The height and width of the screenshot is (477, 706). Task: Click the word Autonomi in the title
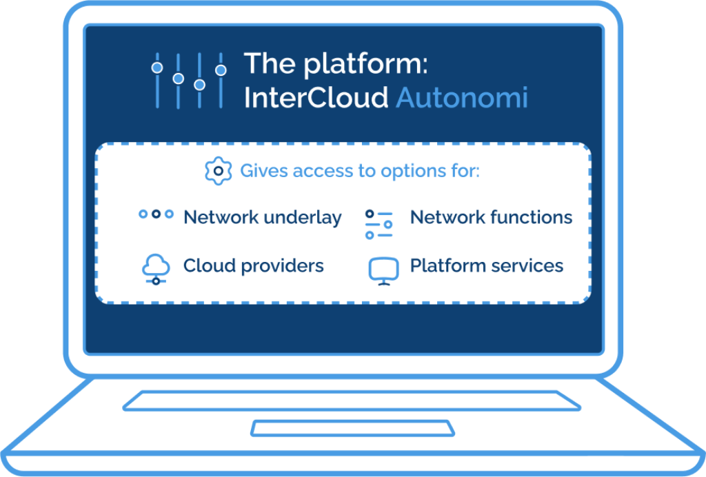click(x=461, y=98)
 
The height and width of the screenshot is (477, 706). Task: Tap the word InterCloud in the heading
click(x=316, y=98)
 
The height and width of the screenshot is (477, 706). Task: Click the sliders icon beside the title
click(x=188, y=80)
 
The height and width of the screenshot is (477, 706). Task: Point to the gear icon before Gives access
click(x=218, y=170)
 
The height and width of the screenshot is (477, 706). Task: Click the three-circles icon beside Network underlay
click(x=156, y=214)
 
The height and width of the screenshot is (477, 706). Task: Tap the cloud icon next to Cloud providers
click(x=156, y=268)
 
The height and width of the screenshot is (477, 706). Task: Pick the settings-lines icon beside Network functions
click(x=379, y=225)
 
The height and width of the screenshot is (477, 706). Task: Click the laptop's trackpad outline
click(x=352, y=427)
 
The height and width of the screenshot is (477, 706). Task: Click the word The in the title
click(x=270, y=65)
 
